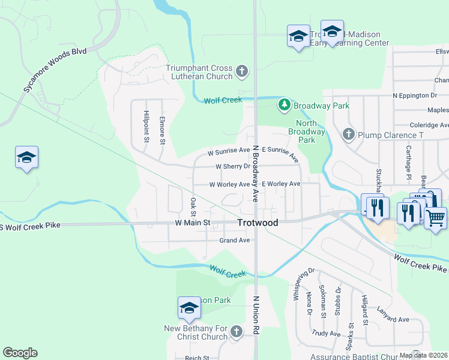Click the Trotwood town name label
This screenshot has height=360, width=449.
(x=258, y=223)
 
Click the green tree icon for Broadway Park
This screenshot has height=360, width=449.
(x=285, y=106)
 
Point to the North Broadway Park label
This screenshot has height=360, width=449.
(x=306, y=131)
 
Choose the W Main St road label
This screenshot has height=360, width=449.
(x=192, y=223)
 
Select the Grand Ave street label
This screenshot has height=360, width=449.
(x=234, y=240)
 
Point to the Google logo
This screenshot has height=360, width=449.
(x=20, y=353)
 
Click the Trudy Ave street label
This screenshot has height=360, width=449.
(x=327, y=334)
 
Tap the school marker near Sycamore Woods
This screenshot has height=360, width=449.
(x=26, y=157)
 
